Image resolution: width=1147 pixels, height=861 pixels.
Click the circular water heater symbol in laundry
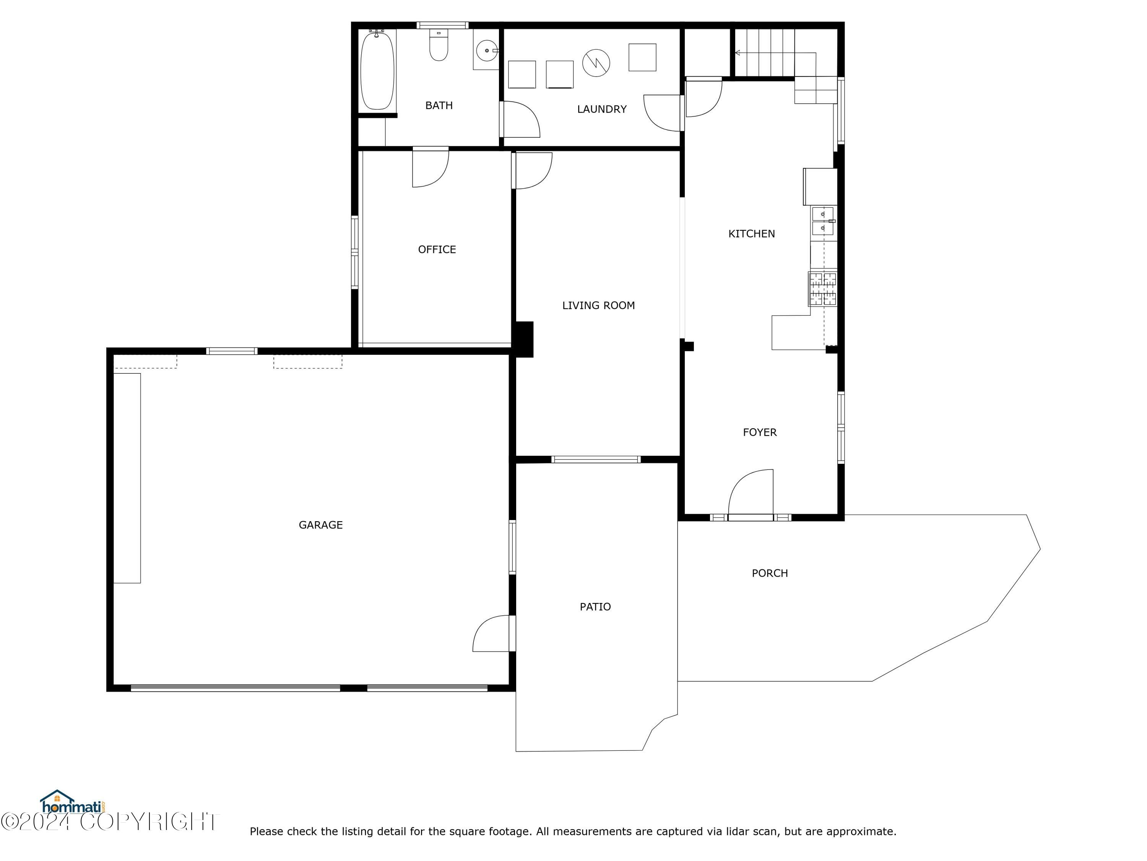point(596,63)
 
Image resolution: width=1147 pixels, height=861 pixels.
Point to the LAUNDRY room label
point(601,109)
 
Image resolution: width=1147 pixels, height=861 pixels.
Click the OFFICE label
point(437,249)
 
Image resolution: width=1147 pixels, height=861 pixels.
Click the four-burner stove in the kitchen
point(823,289)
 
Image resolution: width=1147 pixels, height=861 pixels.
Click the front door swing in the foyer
point(751,492)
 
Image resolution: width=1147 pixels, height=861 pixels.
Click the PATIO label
point(595,607)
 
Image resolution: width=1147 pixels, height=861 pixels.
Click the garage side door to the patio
point(492,634)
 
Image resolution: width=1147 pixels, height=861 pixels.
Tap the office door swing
point(431,167)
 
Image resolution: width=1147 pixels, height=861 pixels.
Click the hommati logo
point(73,804)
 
